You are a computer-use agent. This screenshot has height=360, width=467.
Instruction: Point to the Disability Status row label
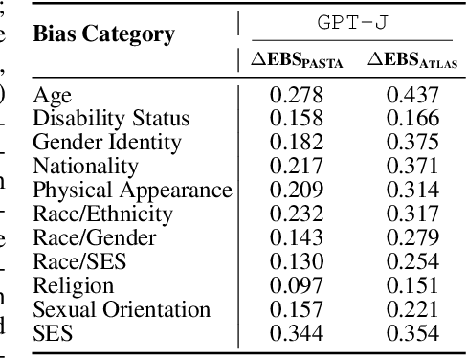[111, 119]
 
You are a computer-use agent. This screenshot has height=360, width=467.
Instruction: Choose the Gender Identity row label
[106, 143]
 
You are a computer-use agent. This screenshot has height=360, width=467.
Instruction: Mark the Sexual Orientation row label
[122, 309]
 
